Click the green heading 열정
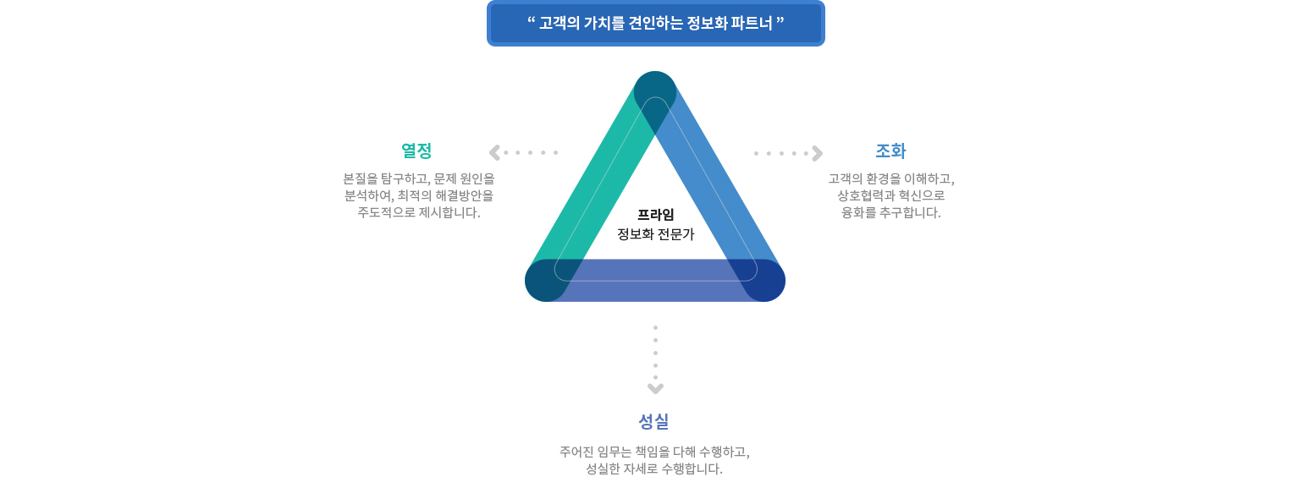click(416, 151)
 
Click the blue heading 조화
click(890, 151)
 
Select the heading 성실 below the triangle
click(653, 420)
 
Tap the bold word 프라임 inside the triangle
click(655, 214)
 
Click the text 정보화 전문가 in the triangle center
click(655, 234)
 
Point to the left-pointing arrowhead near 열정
click(494, 152)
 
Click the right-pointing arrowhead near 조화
click(817, 153)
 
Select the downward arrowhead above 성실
click(655, 388)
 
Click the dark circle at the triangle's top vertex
click(655, 91)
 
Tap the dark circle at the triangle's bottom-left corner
click(545, 281)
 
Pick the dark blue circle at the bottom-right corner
click(764, 281)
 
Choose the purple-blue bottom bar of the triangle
click(655, 281)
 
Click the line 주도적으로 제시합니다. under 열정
click(418, 212)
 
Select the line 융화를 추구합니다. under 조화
click(890, 212)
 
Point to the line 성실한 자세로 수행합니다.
click(653, 469)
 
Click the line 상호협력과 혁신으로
click(890, 195)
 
